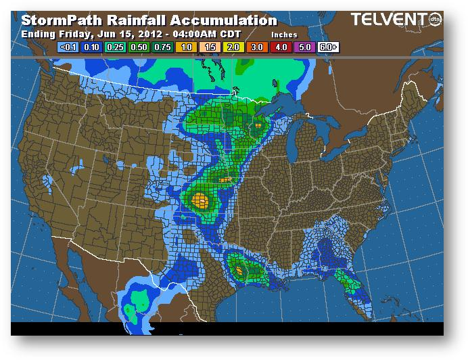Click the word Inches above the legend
click(284, 34)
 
